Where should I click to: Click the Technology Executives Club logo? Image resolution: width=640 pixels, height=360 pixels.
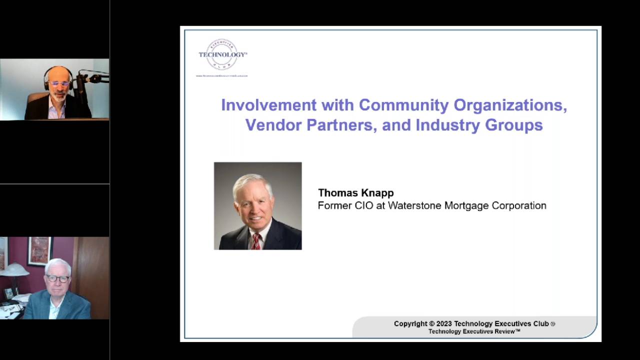tap(222, 55)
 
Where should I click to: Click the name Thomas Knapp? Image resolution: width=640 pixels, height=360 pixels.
tap(355, 193)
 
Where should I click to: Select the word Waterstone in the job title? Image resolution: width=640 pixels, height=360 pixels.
tap(414, 205)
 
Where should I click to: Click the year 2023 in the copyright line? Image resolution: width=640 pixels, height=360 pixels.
tap(444, 323)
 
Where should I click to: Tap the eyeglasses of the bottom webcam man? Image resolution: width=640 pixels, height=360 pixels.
tap(58, 278)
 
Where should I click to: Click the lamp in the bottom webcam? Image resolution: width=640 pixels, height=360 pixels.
tap(13, 270)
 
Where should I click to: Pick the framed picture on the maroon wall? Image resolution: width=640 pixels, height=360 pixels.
tap(39, 250)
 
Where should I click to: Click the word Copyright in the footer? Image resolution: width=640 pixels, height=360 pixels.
tap(410, 323)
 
